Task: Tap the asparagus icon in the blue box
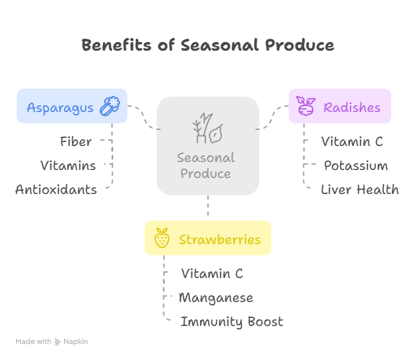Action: pyautogui.click(x=109, y=106)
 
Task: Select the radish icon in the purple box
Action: pyautogui.click(x=306, y=106)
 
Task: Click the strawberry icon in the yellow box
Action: pyautogui.click(x=161, y=239)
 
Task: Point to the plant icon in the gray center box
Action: pyautogui.click(x=207, y=129)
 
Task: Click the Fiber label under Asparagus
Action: pyautogui.click(x=75, y=141)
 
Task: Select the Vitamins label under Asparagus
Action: pyautogui.click(x=68, y=165)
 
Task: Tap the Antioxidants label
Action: pyautogui.click(x=56, y=189)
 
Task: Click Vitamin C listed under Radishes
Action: pyautogui.click(x=352, y=141)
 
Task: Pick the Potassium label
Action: pyautogui.click(x=355, y=165)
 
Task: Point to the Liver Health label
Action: pyautogui.click(x=359, y=189)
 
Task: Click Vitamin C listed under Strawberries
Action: pyautogui.click(x=212, y=273)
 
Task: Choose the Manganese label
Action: pyautogui.click(x=215, y=297)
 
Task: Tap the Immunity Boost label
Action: pyautogui.click(x=231, y=321)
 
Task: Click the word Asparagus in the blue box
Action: pyautogui.click(x=60, y=107)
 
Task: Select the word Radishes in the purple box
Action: pyautogui.click(x=351, y=107)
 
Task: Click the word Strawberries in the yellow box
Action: pyautogui.click(x=219, y=239)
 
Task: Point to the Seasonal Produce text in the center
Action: pyautogui.click(x=206, y=165)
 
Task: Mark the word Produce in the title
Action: pyautogui.click(x=298, y=45)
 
